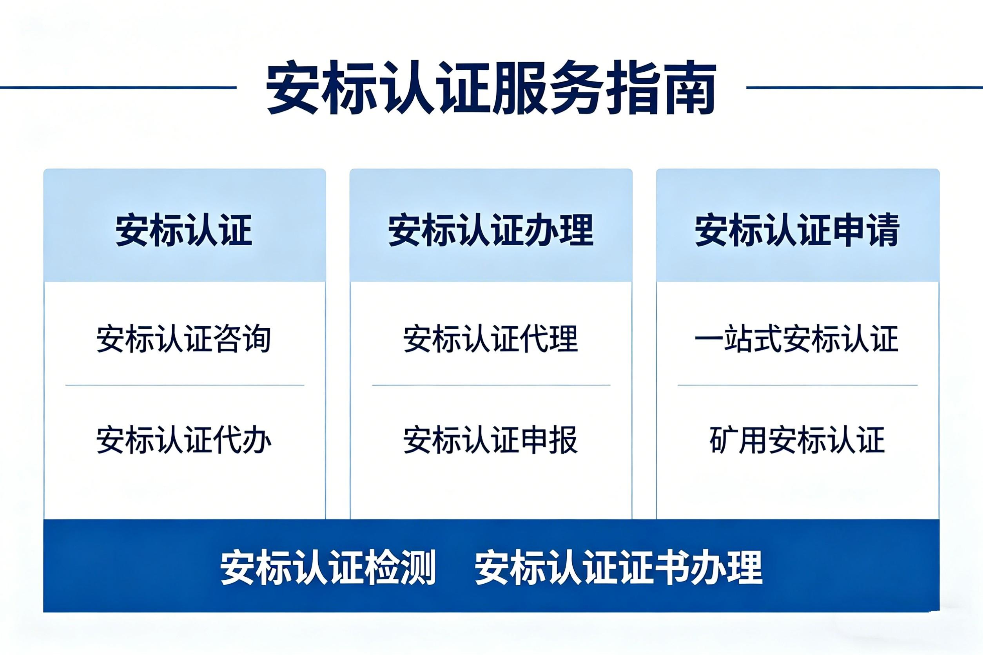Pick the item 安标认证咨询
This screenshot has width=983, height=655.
coord(184,338)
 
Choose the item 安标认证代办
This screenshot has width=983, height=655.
coord(184,440)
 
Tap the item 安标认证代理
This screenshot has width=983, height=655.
coord(491,338)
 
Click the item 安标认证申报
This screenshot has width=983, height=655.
coord(491,440)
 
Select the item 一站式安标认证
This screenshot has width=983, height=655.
coord(796,338)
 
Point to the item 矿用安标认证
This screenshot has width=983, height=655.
coord(798,440)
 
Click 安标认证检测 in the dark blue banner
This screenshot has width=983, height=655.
coord(328,568)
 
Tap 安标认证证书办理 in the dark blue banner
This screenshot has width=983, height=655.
coord(618,568)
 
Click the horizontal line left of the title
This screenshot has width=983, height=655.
coord(118,87)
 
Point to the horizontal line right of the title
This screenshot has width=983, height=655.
coord(865,87)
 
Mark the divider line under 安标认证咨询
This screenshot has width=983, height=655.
coord(185,385)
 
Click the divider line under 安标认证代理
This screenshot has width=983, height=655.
coord(491,385)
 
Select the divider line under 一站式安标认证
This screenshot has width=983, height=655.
coord(798,385)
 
